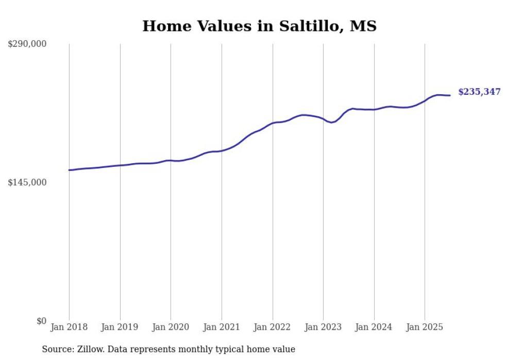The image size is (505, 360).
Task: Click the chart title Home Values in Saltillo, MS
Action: click(259, 26)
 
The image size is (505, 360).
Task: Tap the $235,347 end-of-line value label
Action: click(479, 92)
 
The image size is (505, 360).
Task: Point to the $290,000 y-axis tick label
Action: click(27, 44)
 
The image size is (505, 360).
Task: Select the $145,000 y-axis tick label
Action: click(27, 182)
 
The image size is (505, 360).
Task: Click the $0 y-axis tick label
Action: click(41, 321)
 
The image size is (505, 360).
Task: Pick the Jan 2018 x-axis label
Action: click(69, 328)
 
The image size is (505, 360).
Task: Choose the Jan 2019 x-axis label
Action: click(120, 328)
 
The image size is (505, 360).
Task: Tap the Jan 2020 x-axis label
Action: click(171, 328)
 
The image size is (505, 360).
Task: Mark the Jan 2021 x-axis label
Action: click(222, 328)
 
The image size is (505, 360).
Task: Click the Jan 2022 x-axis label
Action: click(273, 328)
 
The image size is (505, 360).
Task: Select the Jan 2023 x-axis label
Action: click(323, 328)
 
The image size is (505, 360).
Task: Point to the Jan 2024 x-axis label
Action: click(374, 328)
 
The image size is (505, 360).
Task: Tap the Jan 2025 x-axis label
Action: click(425, 328)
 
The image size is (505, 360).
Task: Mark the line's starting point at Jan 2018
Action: click(69, 170)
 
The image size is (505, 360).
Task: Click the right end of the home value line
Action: click(450, 95)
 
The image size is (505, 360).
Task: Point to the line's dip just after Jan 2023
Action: click(332, 123)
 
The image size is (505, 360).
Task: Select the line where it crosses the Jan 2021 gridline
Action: click(222, 151)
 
